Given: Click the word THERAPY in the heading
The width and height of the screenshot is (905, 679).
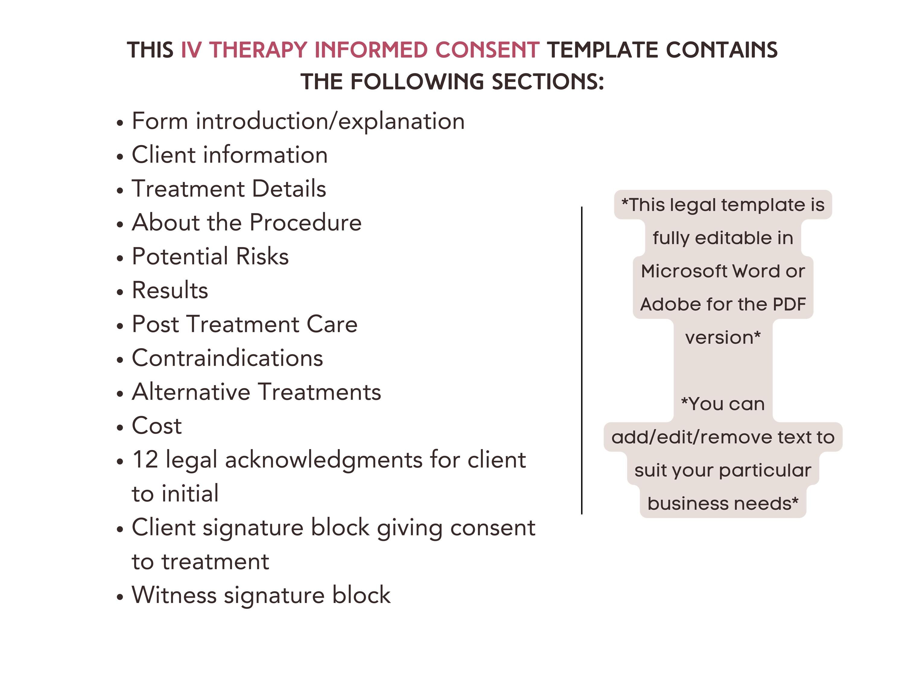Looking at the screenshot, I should [x=258, y=50].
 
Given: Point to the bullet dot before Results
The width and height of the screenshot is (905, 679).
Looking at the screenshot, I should [x=120, y=292].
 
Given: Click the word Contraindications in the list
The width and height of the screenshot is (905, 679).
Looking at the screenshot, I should [x=227, y=358].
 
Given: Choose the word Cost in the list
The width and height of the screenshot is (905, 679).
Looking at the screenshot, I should [x=157, y=426].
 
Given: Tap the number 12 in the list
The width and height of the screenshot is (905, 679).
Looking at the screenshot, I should [x=145, y=460].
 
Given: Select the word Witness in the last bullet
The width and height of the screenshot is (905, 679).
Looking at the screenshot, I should [x=174, y=595].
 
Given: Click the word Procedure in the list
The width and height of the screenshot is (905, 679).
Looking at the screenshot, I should [x=306, y=223].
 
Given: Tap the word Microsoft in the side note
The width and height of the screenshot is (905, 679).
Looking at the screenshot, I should [x=684, y=271].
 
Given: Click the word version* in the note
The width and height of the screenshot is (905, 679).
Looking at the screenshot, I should [x=722, y=338].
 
